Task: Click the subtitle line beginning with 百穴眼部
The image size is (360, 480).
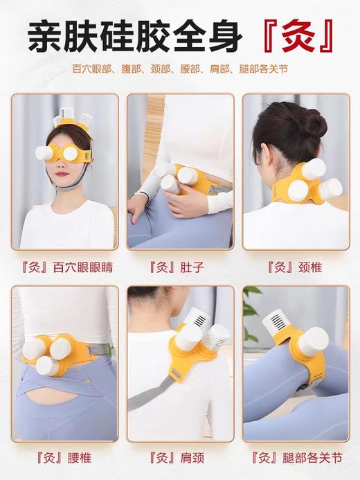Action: coord(179,69)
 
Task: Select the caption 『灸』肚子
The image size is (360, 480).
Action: coord(179,267)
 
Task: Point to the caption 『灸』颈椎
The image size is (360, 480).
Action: coord(296,267)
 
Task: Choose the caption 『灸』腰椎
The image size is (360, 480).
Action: coord(63,458)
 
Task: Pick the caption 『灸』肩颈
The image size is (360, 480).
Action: coord(179,458)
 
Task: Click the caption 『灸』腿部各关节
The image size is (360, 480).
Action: coord(296,458)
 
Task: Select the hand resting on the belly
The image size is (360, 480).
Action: coord(183,204)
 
